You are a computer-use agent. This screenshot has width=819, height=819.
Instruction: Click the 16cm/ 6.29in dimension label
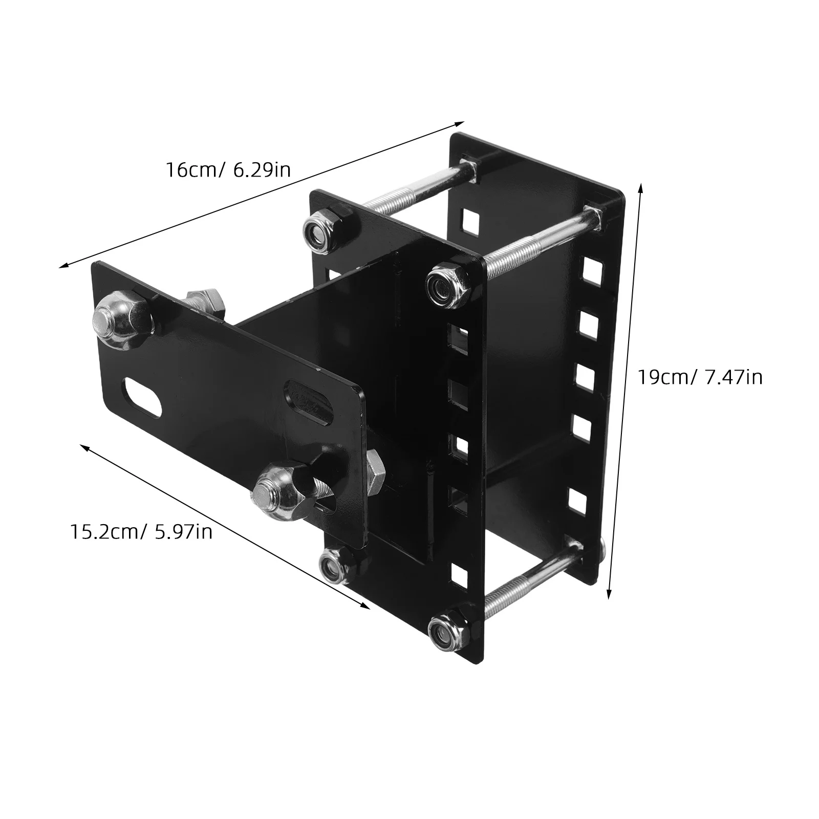click(228, 169)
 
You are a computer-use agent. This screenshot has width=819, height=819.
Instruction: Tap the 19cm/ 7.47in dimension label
click(700, 377)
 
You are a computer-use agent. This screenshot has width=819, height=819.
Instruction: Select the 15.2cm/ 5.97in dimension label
click(141, 532)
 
